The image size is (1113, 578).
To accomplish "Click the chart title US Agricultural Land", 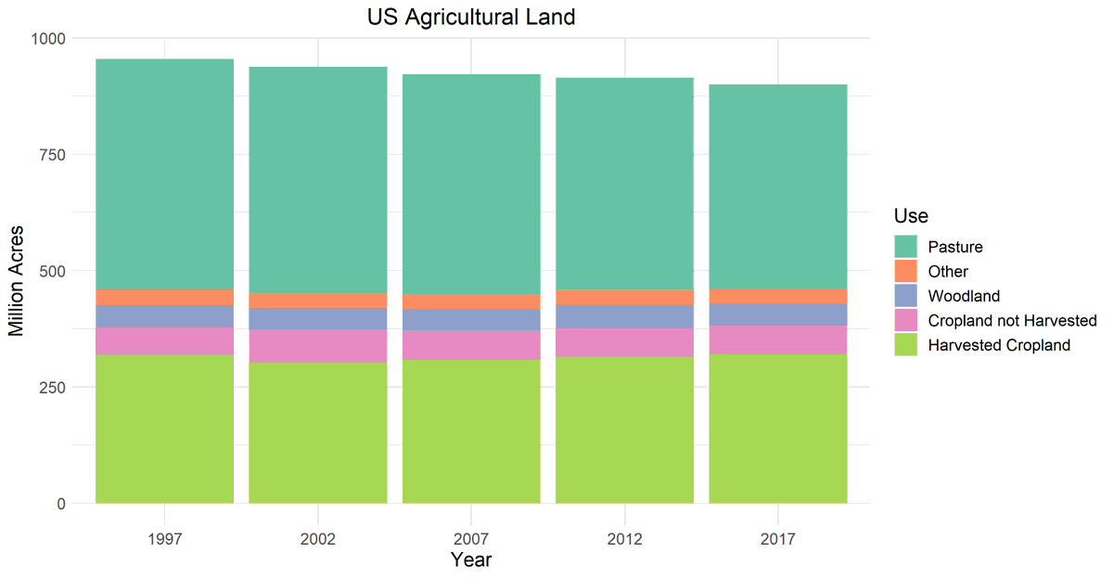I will click(x=471, y=17).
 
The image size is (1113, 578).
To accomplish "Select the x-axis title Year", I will click(x=471, y=560).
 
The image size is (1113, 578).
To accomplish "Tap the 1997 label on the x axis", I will click(x=164, y=537).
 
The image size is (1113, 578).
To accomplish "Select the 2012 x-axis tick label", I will click(x=624, y=537).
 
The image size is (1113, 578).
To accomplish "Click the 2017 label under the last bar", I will click(x=777, y=537).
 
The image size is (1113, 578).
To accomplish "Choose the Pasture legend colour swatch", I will click(x=905, y=247).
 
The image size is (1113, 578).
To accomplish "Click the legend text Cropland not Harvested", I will click(x=1012, y=320).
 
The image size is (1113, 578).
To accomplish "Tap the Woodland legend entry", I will click(x=963, y=296).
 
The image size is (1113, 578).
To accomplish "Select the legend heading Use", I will click(x=911, y=216).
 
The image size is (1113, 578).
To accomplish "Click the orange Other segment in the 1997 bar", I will click(x=164, y=298).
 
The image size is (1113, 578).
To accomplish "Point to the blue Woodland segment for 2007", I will click(x=471, y=320).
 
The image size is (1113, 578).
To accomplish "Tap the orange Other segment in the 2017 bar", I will click(x=777, y=297).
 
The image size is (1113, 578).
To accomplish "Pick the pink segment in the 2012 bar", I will click(x=624, y=342).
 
